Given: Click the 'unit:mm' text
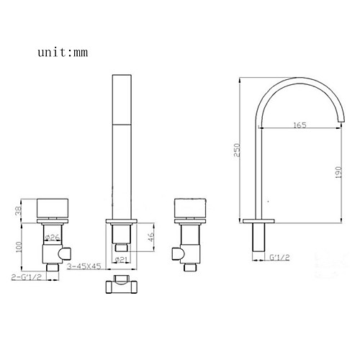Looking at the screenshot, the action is tap(63, 53).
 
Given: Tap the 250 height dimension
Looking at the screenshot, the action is tap(237, 150).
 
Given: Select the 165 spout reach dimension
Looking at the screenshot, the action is tap(300, 125).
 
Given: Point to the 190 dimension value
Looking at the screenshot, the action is tap(338, 173).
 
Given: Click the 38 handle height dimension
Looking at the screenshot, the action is tap(19, 211).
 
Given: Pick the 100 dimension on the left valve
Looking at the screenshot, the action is tap(19, 247).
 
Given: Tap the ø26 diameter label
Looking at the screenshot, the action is tap(53, 238).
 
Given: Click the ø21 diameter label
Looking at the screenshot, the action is tap(121, 259).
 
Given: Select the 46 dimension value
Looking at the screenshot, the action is tap(150, 237).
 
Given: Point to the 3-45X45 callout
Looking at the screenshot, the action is tap(84, 266).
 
